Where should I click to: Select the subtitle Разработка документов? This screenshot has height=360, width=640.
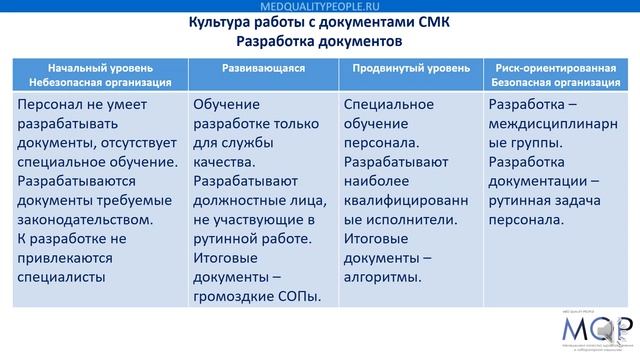pyautogui.click(x=320, y=43)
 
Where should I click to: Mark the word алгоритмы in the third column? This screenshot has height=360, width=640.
pyautogui.click(x=383, y=276)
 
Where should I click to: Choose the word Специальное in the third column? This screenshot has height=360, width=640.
pyautogui.click(x=391, y=105)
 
